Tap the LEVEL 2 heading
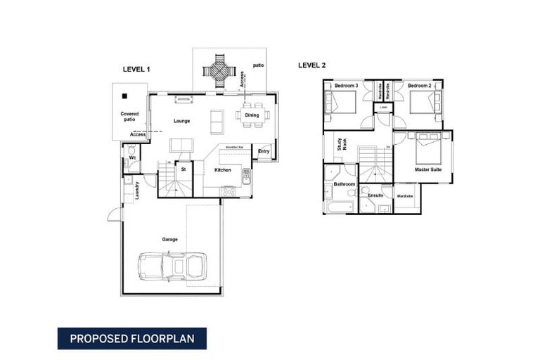(x=312, y=65)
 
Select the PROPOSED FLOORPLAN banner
(x=132, y=338)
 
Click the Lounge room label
(x=182, y=121)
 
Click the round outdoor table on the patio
(x=217, y=70)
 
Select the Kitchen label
(x=223, y=169)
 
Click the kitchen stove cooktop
(x=228, y=191)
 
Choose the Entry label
(x=264, y=151)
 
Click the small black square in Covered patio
(x=124, y=96)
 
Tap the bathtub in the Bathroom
(x=340, y=207)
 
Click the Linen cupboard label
(x=382, y=107)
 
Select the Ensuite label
(x=375, y=195)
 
